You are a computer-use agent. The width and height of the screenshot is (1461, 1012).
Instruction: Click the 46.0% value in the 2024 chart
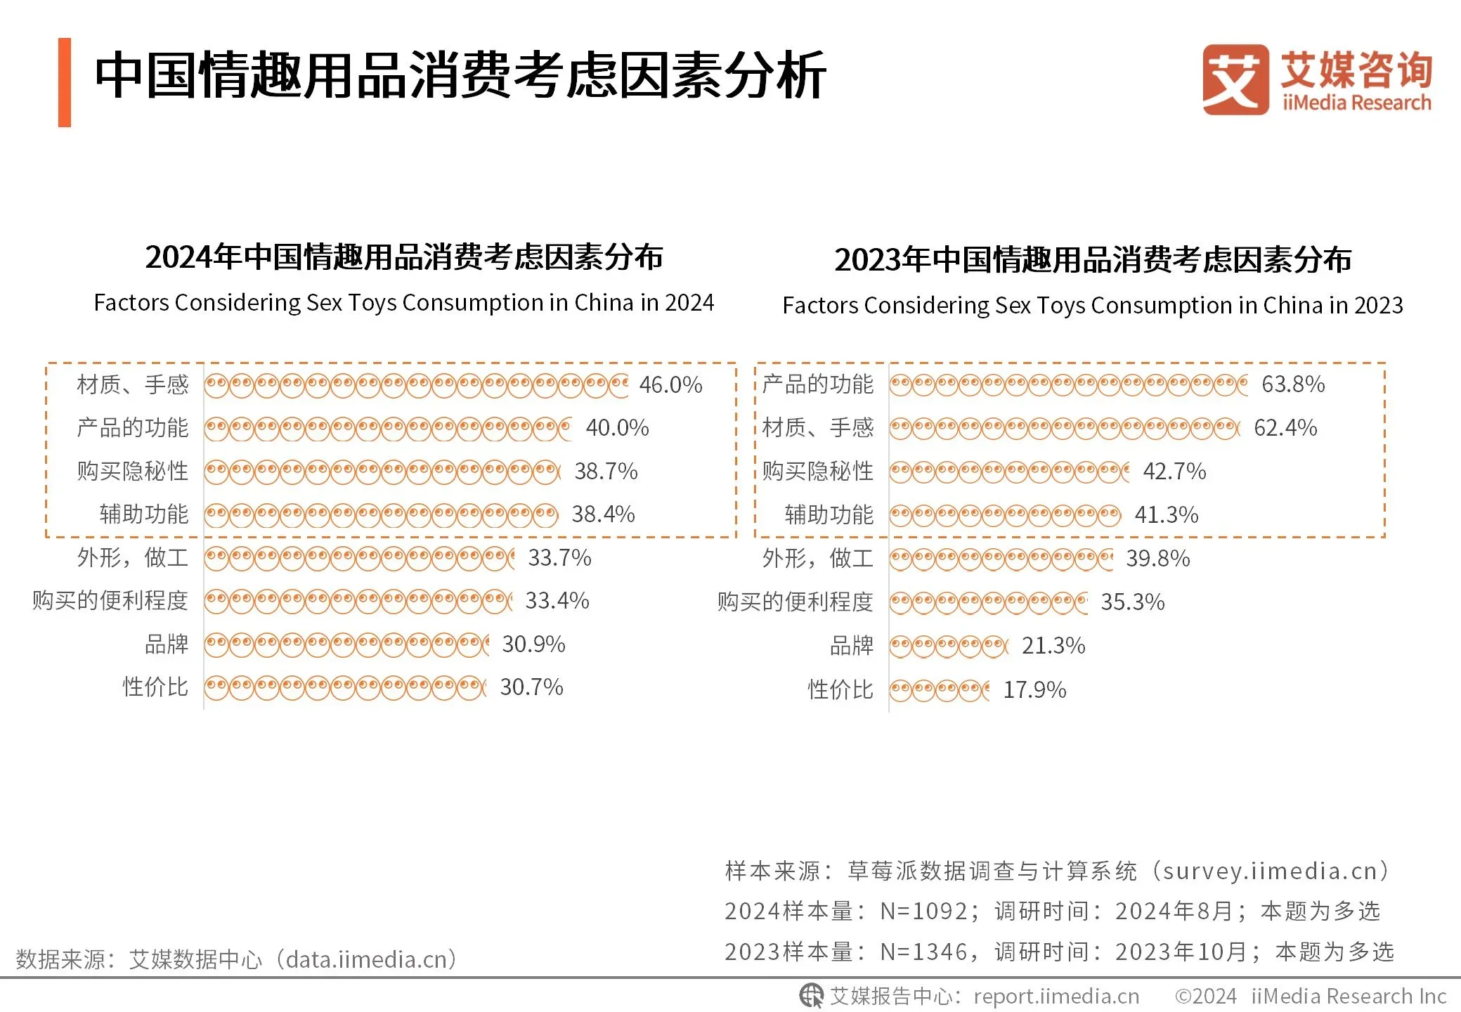(x=670, y=384)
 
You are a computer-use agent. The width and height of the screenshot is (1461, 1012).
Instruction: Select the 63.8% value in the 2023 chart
(x=1293, y=384)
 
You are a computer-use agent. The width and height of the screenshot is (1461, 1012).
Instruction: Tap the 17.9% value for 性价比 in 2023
(x=1034, y=689)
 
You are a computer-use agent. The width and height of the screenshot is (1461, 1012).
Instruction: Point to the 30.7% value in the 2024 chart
(x=531, y=687)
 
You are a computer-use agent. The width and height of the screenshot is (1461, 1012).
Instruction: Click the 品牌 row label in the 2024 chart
(x=167, y=644)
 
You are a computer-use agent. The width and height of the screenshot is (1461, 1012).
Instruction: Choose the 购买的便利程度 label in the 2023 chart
(x=795, y=602)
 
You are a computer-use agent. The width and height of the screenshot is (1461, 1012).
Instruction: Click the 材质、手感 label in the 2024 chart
(x=133, y=384)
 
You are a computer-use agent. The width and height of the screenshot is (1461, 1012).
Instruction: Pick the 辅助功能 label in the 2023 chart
(x=829, y=514)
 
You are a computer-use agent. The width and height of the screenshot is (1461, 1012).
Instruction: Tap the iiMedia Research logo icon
(x=1235, y=79)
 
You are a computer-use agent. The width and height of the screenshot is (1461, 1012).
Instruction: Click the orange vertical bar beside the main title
(x=65, y=82)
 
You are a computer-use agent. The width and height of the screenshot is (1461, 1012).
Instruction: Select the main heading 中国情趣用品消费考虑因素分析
(x=460, y=75)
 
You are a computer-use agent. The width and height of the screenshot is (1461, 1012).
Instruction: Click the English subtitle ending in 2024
(x=404, y=302)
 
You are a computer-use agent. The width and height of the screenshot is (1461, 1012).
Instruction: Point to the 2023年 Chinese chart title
(x=1093, y=259)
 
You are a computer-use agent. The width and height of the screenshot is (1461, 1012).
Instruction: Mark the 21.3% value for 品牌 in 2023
(x=1053, y=645)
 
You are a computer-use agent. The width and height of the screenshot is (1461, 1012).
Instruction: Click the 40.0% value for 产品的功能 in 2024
(x=617, y=427)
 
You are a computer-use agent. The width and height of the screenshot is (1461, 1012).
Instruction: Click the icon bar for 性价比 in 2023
(x=939, y=690)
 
